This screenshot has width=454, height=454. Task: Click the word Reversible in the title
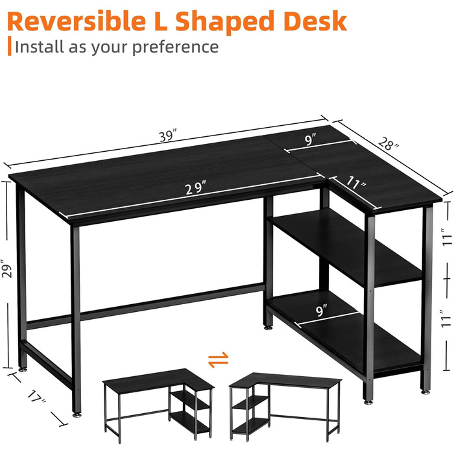click(77, 21)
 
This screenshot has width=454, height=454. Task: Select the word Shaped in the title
click(224, 23)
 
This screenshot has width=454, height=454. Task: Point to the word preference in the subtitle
click(176, 47)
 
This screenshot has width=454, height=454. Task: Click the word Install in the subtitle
click(39, 47)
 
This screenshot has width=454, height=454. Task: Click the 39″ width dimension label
click(168, 136)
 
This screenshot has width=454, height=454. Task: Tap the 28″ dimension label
click(388, 143)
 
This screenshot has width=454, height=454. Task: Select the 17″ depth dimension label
click(37, 396)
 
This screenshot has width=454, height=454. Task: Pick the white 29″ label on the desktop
click(196, 187)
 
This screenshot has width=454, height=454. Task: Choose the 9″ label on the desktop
click(311, 139)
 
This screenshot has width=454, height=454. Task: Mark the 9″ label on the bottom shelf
click(322, 311)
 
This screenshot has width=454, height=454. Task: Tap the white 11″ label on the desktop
click(356, 183)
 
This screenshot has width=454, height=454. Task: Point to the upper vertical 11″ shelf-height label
click(447, 237)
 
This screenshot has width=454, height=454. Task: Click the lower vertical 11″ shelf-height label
click(446, 319)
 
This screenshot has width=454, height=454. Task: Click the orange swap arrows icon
click(219, 359)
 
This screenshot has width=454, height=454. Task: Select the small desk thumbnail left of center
click(158, 405)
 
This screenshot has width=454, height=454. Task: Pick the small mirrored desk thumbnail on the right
click(285, 407)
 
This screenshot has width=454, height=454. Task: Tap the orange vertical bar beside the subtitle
click(10, 46)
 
